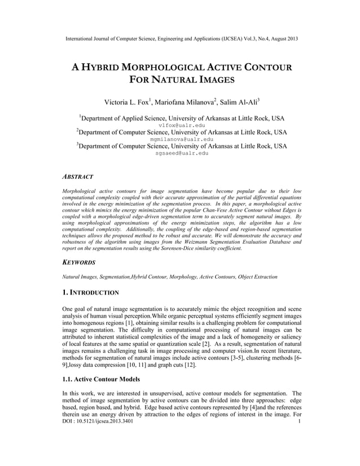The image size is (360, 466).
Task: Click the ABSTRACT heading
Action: [x=78, y=176]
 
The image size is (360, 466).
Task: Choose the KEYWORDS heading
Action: [x=79, y=262]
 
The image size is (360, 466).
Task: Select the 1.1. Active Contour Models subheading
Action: [x=101, y=379]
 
